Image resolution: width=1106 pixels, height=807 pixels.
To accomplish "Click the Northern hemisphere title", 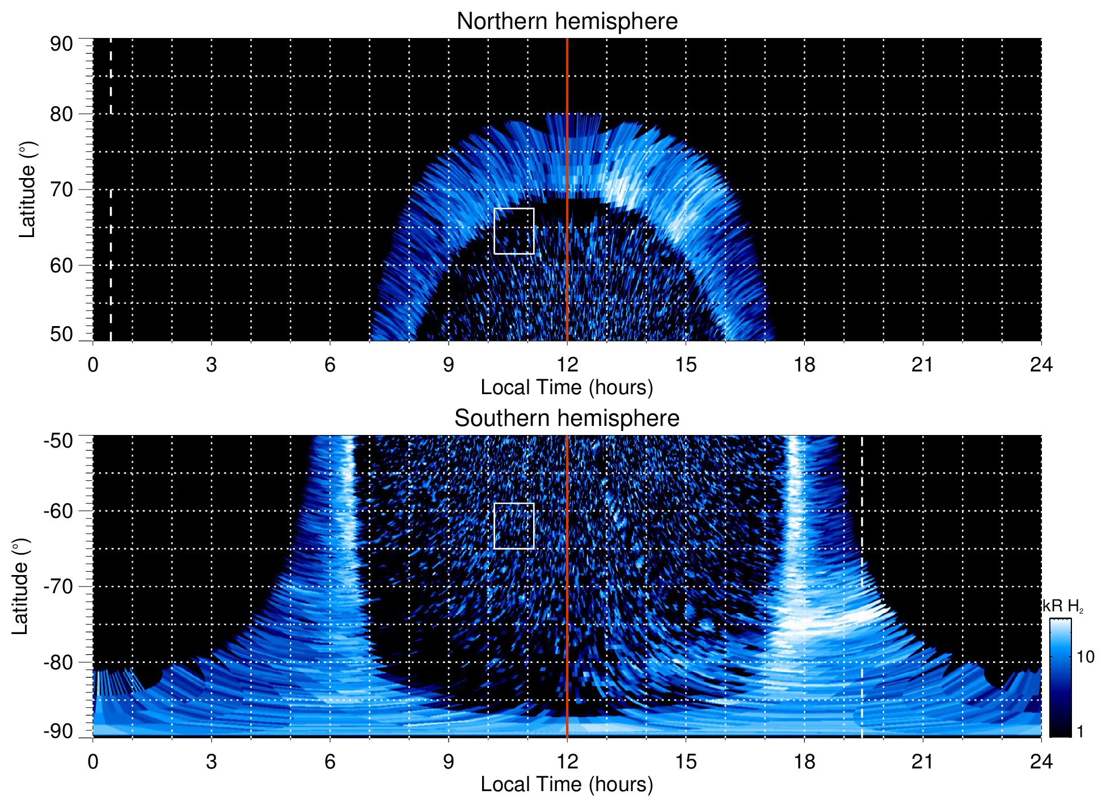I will [x=567, y=22].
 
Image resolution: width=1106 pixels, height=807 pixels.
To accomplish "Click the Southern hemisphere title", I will [x=567, y=419].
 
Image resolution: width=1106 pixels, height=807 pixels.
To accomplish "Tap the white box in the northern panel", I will [x=514, y=231].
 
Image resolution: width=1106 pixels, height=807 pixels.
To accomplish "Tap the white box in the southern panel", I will [x=514, y=526].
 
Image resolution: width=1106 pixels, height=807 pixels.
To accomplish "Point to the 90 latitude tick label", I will [x=61, y=44].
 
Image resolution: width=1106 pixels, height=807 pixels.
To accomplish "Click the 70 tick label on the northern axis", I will [x=61, y=189].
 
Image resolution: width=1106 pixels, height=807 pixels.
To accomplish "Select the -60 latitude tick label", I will [x=58, y=510].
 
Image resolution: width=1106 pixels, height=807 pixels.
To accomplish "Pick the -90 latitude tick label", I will [x=58, y=731].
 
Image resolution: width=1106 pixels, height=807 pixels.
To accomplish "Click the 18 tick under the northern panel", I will [x=804, y=365].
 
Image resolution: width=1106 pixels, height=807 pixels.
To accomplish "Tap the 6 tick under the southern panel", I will [x=330, y=762].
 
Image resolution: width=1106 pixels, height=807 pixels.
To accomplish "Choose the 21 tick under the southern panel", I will [x=923, y=762].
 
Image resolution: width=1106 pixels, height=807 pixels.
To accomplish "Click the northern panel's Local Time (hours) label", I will [x=567, y=387].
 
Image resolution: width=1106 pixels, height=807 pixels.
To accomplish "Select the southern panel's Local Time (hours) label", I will [x=567, y=784].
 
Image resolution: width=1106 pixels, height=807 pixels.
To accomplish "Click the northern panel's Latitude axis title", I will [x=27, y=189].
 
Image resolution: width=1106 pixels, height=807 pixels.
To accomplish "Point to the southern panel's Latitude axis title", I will [x=20, y=586].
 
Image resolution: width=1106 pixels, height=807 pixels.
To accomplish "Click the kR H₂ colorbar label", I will [x=1063, y=606].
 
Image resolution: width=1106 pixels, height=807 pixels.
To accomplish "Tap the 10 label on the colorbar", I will [x=1085, y=657].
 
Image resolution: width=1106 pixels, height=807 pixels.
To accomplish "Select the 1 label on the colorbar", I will [x=1080, y=731].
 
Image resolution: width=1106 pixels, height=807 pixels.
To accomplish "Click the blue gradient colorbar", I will [x=1059, y=678].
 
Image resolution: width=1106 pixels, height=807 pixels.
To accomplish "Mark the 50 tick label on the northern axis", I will [x=61, y=334].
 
